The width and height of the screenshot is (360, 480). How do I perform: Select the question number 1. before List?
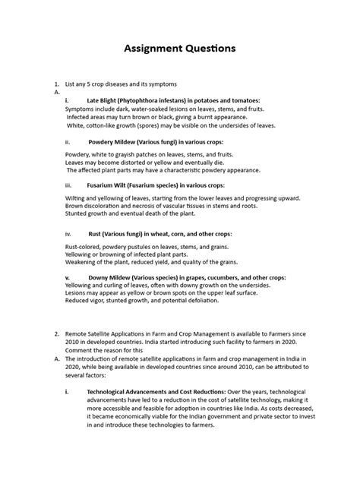coord(55,82)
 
